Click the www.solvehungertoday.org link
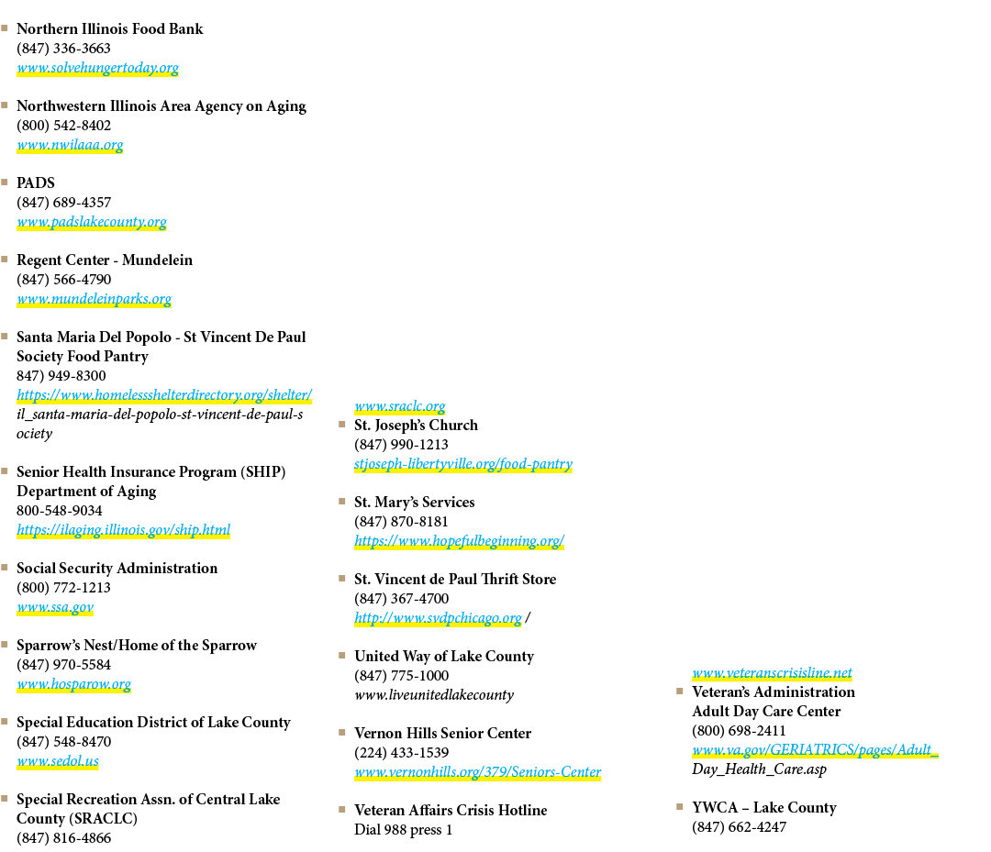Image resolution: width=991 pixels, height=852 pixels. (x=98, y=68)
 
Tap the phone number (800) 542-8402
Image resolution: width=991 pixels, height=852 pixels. (x=64, y=125)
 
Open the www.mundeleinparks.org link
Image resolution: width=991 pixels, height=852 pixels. (x=95, y=299)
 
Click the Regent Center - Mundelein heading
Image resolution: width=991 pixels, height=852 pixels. (x=105, y=260)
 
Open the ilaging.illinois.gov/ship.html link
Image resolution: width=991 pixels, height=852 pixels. (x=124, y=530)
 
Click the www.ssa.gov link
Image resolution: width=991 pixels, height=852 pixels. (x=56, y=607)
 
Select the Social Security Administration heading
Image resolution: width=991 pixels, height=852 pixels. (x=117, y=568)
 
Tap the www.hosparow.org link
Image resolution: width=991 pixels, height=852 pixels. (x=74, y=684)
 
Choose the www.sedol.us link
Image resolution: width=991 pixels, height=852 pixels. (x=58, y=761)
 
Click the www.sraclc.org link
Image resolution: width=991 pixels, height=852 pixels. (x=400, y=406)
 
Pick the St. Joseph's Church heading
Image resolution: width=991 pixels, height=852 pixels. (x=417, y=425)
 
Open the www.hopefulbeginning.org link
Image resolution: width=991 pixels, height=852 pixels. (x=460, y=541)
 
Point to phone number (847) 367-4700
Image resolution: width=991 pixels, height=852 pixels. (x=402, y=598)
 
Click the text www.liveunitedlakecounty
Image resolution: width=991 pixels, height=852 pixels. (x=434, y=695)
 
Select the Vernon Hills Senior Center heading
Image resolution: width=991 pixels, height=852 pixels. (x=443, y=733)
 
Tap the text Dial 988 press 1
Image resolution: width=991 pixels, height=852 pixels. (x=404, y=829)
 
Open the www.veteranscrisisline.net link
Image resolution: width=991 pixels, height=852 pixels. (x=773, y=672)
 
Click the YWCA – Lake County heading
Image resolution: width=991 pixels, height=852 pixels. (x=764, y=807)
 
